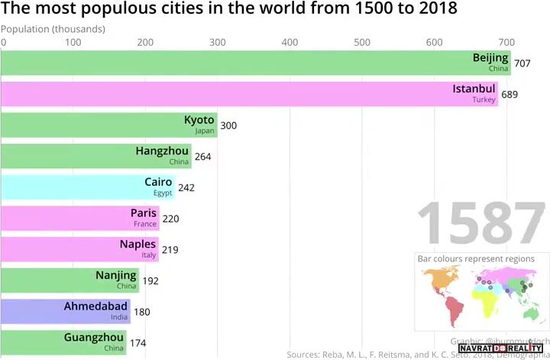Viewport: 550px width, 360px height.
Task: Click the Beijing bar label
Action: (490, 58)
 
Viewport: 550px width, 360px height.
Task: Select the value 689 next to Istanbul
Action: (510, 94)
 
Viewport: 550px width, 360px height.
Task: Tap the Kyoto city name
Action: (199, 120)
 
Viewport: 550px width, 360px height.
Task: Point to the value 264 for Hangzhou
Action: (202, 156)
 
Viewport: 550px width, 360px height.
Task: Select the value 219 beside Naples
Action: (170, 250)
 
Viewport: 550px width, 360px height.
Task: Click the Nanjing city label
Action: (116, 275)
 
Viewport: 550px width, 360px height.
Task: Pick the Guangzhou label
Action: (94, 337)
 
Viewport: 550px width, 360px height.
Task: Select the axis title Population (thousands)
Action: (53, 29)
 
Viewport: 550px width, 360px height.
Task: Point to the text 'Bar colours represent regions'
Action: (476, 259)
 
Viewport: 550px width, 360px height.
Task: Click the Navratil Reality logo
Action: (500, 349)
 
